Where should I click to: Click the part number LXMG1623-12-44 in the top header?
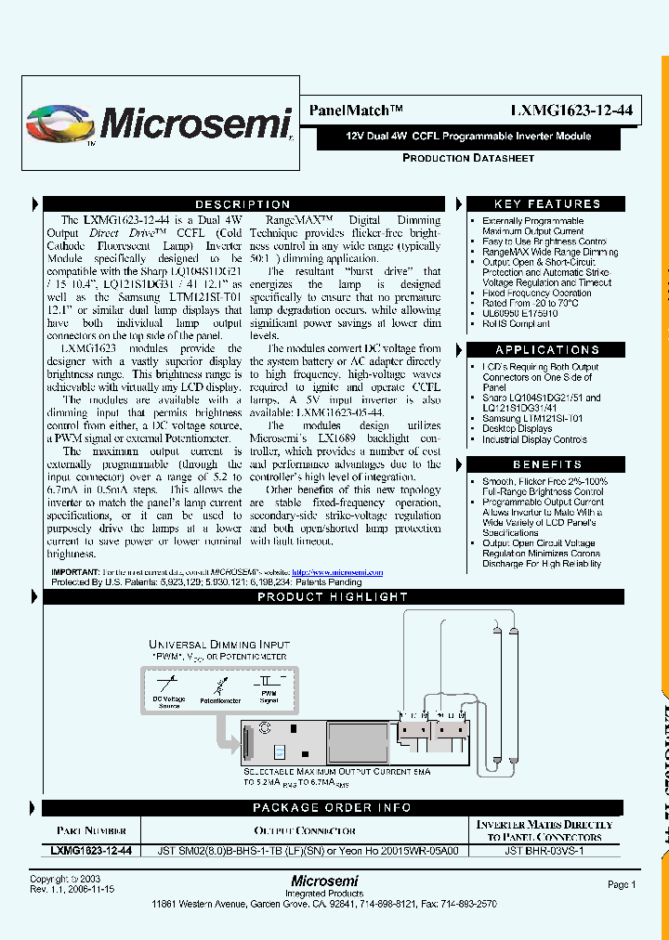coord(571,110)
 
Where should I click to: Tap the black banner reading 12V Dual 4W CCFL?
coord(468,136)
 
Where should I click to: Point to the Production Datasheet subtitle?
coord(468,158)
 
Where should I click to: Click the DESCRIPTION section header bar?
coord(243,204)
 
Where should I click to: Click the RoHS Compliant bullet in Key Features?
coord(517,324)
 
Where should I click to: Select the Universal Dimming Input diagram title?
coord(219,645)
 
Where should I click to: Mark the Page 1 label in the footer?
coord(622,885)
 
